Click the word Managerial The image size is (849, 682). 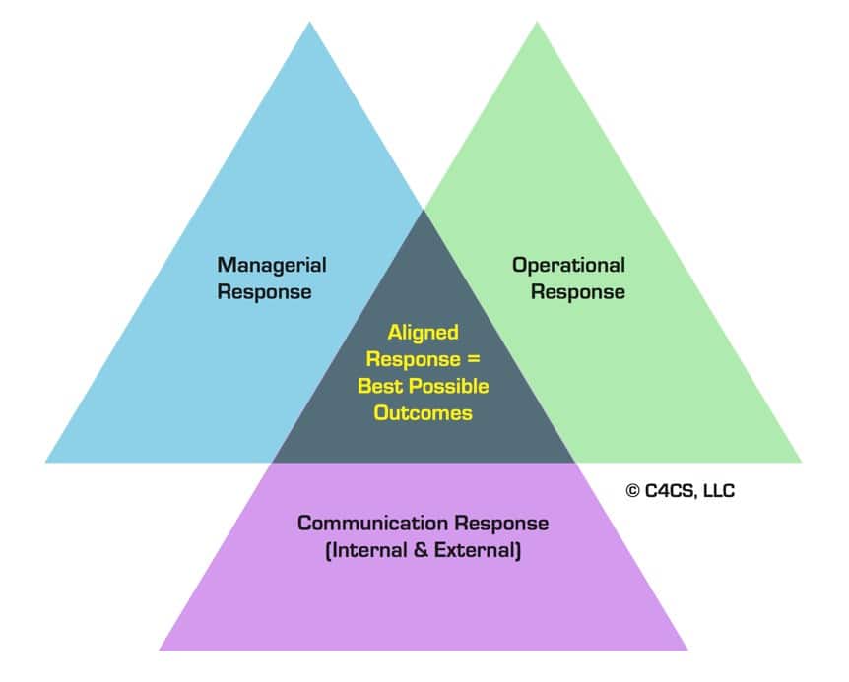click(272, 265)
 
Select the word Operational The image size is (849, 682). click(568, 265)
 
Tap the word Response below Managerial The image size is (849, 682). click(265, 292)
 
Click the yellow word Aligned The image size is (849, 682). click(423, 333)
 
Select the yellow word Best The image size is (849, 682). click(379, 386)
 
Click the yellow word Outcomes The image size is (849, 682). click(423, 412)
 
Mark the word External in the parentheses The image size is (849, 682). click(476, 550)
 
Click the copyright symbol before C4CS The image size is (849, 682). click(632, 490)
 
